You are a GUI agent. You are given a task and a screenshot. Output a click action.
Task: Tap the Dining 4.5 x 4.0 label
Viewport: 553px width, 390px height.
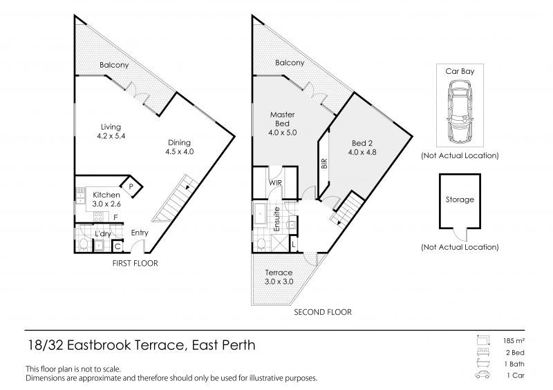pyautogui.click(x=180, y=147)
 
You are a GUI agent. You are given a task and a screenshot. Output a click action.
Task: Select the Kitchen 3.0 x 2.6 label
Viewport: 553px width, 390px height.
pyautogui.click(x=106, y=199)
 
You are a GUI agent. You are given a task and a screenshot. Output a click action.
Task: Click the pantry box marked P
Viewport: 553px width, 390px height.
pyautogui.click(x=130, y=184)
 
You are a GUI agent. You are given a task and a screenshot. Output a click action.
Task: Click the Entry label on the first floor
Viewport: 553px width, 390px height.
pyautogui.click(x=139, y=233)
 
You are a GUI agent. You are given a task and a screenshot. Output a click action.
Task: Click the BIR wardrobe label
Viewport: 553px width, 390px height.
pyautogui.click(x=324, y=164)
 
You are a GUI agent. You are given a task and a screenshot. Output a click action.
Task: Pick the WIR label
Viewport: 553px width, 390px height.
pyautogui.click(x=275, y=183)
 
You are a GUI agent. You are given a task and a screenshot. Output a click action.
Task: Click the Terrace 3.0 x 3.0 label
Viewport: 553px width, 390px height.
pyautogui.click(x=279, y=277)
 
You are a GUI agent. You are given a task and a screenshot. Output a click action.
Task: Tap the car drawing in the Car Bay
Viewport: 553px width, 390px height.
pyautogui.click(x=459, y=109)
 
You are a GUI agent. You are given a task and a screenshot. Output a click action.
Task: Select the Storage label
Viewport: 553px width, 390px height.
pyautogui.click(x=460, y=200)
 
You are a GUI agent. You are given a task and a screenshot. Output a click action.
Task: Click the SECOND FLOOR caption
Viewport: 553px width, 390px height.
pyautogui.click(x=323, y=312)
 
